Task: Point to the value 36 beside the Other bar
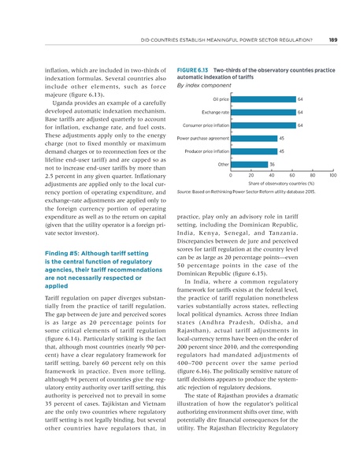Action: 273,164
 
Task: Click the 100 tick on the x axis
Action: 333,175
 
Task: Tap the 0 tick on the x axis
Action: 230,175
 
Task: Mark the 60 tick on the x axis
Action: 292,175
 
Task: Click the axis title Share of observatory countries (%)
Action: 281,184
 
